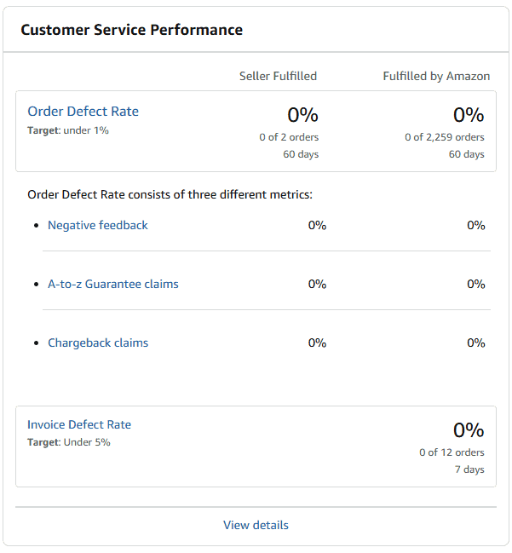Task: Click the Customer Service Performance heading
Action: pyautogui.click(x=131, y=30)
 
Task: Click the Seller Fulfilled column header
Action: pyautogui.click(x=278, y=76)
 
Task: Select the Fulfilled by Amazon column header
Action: pyautogui.click(x=436, y=76)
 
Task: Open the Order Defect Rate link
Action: pyautogui.click(x=83, y=112)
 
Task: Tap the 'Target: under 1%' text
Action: pyautogui.click(x=68, y=130)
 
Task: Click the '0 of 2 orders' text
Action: pyautogui.click(x=289, y=136)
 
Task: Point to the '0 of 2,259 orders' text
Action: pyautogui.click(x=444, y=136)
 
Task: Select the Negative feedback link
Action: pyautogui.click(x=98, y=225)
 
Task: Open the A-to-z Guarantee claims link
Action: pyautogui.click(x=113, y=284)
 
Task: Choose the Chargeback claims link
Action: pyautogui.click(x=98, y=343)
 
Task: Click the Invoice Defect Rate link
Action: pyautogui.click(x=79, y=424)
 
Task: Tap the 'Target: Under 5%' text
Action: pyautogui.click(x=69, y=442)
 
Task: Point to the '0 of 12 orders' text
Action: pyautogui.click(x=452, y=452)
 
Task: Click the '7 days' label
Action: pyautogui.click(x=469, y=469)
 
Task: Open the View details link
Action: pyautogui.click(x=256, y=525)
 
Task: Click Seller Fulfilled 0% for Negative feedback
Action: pyautogui.click(x=317, y=225)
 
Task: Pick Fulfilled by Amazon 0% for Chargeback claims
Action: pyautogui.click(x=475, y=343)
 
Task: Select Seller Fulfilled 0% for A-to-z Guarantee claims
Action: pyautogui.click(x=317, y=284)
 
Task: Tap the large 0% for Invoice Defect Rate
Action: pyautogui.click(x=468, y=429)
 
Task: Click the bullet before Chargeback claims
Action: pyautogui.click(x=35, y=343)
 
